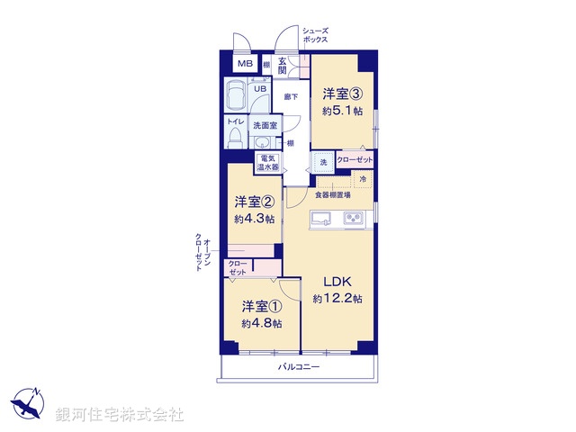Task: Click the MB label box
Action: click(x=245, y=65)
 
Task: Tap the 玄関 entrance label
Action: click(x=282, y=66)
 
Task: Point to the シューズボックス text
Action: click(x=315, y=35)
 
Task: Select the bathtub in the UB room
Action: click(x=238, y=94)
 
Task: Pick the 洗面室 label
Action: click(x=264, y=125)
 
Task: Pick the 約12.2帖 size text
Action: click(x=337, y=299)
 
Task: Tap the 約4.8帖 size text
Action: click(x=261, y=323)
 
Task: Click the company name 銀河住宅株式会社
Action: click(x=120, y=415)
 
